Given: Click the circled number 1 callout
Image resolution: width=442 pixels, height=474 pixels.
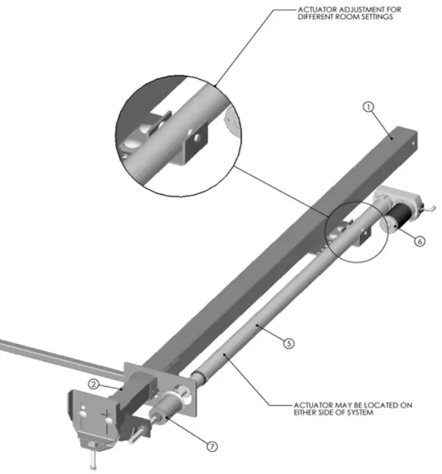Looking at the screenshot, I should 368,107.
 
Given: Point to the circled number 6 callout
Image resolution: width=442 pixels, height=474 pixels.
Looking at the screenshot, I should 419,240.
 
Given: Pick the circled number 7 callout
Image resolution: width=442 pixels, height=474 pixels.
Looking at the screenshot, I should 212,447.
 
